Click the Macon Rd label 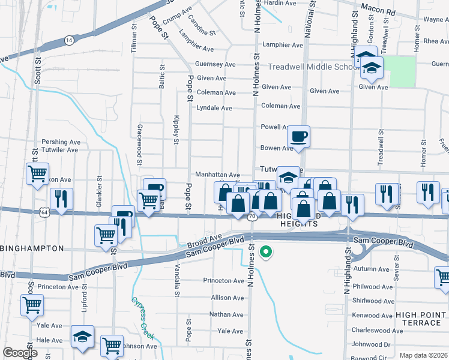pos(382,12)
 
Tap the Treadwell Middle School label pos(313,67)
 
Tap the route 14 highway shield pos(70,40)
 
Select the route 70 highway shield pos(252,215)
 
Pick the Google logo pos(20,353)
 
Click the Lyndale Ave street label pos(214,108)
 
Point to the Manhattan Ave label pos(217,174)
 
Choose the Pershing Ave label pos(60,142)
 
